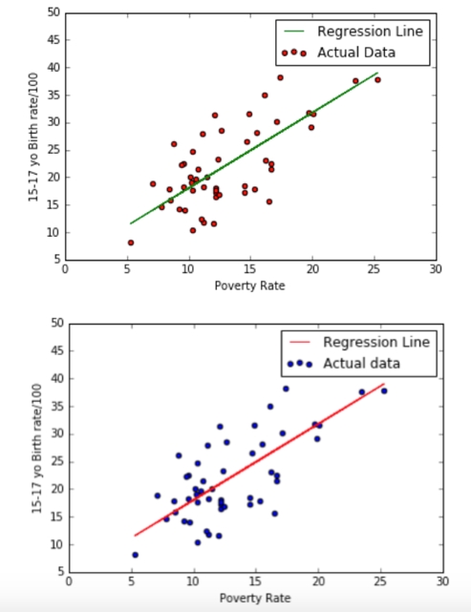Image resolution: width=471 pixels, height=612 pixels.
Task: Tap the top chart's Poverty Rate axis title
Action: coord(249,285)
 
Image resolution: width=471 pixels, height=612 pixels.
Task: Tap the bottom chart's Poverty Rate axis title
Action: coord(255,598)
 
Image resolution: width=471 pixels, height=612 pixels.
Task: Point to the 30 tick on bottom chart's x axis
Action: coord(441,581)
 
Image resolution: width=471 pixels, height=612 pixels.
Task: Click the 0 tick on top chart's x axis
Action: coord(65,270)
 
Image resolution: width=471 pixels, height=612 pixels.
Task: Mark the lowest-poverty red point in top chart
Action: coord(131,243)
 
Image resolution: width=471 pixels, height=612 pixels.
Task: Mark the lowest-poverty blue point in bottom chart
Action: coord(135,555)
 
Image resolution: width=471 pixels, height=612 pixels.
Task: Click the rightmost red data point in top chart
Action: coord(377,79)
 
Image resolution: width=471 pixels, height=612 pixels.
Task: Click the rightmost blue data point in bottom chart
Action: coord(384,390)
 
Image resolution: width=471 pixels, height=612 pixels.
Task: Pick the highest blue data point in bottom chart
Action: coord(286,389)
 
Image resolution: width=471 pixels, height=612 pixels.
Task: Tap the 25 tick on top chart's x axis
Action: coord(374,270)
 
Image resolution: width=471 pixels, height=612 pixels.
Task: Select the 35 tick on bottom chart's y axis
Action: coord(54,406)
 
